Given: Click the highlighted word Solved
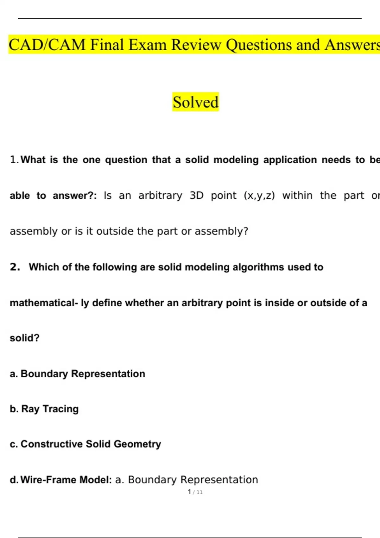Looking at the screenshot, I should pyautogui.click(x=195, y=102).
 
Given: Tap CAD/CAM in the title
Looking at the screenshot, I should pyautogui.click(x=47, y=45).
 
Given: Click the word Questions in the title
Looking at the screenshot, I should pyautogui.click(x=259, y=45).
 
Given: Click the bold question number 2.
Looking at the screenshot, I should pyautogui.click(x=15, y=267).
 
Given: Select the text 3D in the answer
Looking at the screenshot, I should pyautogui.click(x=196, y=196).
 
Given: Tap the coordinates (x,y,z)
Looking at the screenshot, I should pyautogui.click(x=259, y=196).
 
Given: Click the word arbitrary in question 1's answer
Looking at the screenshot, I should pyautogui.click(x=160, y=196).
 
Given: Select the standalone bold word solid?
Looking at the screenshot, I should pyautogui.click(x=25, y=338).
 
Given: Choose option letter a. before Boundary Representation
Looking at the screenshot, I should pyautogui.click(x=14, y=374).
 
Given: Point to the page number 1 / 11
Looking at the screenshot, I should pyautogui.click(x=195, y=492).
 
